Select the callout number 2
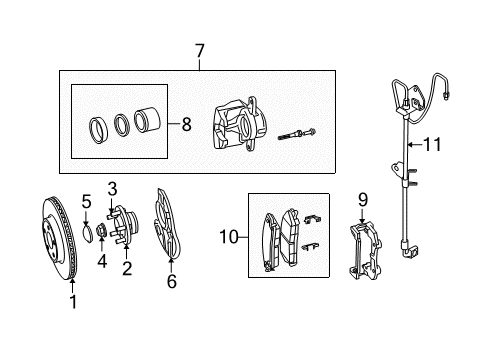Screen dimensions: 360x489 127,268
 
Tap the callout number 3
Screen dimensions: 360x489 112,187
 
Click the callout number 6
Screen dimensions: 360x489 171,282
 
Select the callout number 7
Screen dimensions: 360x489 199,50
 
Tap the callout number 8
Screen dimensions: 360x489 187,126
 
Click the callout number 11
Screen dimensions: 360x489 431,145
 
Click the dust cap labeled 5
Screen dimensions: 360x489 87,236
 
